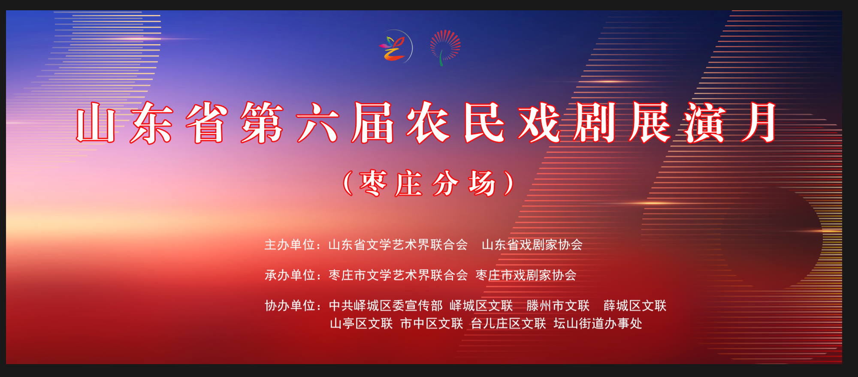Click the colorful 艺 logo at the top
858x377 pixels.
tap(395, 46)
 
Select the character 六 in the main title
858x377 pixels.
tap(318, 123)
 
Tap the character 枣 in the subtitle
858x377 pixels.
tap(373, 184)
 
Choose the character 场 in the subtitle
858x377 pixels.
tap(483, 184)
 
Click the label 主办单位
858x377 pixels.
tap(290, 244)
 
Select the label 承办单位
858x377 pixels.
tap(290, 275)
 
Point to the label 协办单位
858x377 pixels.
tap(290, 305)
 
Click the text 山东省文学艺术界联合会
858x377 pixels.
tap(398, 244)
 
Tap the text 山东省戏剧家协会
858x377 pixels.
tap(532, 244)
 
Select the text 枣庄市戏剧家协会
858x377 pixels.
tap(526, 275)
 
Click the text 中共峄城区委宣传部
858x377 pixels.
tap(386, 305)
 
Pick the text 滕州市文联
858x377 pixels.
tap(558, 305)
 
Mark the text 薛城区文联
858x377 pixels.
tap(635, 305)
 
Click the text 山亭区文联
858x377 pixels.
tap(361, 323)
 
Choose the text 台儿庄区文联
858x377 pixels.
tap(508, 323)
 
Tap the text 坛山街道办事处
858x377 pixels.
tap(598, 323)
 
